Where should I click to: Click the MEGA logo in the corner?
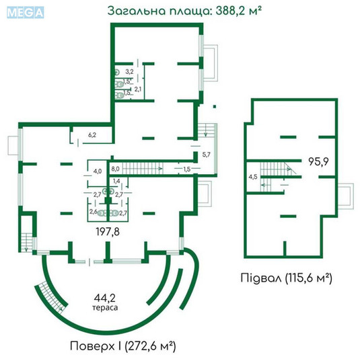[x=24, y=11]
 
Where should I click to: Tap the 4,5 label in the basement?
[x=253, y=177]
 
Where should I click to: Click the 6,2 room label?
[x=93, y=135]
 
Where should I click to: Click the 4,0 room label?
[x=97, y=171]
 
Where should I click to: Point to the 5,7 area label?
[x=207, y=155]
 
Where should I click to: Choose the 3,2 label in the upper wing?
[x=130, y=71]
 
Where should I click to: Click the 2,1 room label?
[x=137, y=89]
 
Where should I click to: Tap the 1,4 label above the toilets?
[x=116, y=182]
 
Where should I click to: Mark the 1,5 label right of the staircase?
[x=186, y=168]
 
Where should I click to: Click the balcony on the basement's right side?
[x=345, y=195]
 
